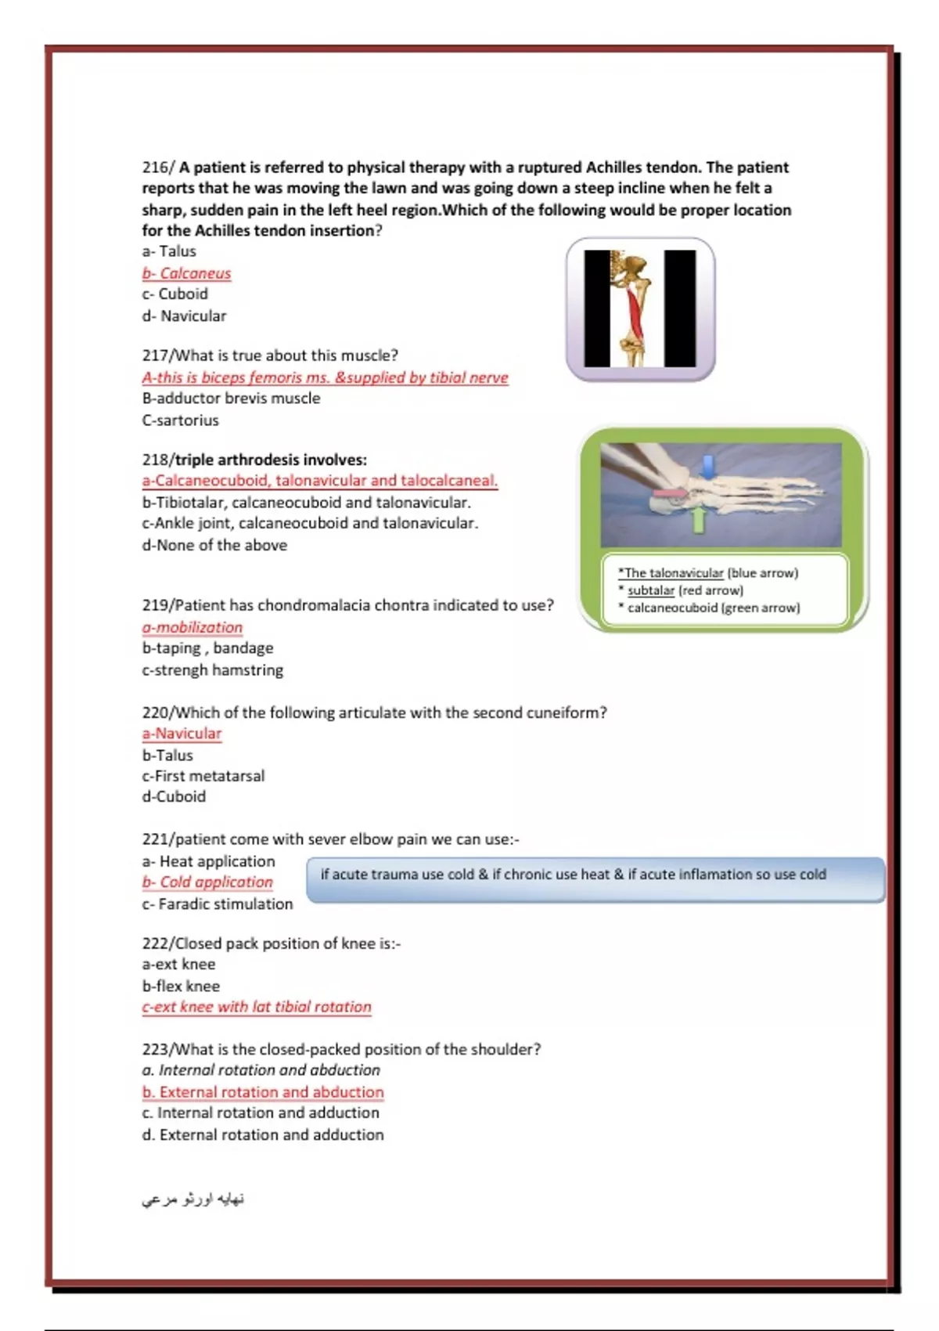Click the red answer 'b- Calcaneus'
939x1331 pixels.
point(186,273)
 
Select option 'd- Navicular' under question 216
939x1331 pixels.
point(184,316)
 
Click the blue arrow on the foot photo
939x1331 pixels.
point(707,466)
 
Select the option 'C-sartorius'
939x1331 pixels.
point(180,420)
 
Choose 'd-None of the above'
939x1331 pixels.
point(214,546)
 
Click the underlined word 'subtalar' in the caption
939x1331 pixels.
point(650,590)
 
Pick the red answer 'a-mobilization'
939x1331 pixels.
point(192,627)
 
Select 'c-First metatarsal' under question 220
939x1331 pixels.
point(203,776)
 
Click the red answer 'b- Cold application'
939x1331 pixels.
point(207,882)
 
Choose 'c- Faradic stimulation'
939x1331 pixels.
point(218,904)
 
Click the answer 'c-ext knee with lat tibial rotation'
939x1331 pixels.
point(257,1007)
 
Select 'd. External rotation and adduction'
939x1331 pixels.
point(263,1134)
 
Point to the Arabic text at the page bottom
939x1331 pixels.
point(193,1199)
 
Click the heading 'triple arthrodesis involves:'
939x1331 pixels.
point(270,460)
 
